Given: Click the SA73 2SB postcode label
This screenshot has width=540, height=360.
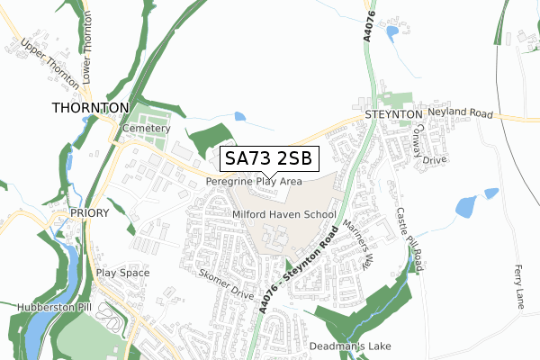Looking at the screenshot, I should (269, 158).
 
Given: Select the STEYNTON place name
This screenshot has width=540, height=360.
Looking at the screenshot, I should (393, 115).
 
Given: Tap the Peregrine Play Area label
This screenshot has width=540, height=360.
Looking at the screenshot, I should (253, 181).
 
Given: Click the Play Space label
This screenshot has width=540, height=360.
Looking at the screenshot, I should (122, 273).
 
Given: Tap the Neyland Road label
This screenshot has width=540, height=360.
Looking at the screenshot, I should (461, 114).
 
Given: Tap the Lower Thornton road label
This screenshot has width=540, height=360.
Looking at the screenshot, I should (88, 57).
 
